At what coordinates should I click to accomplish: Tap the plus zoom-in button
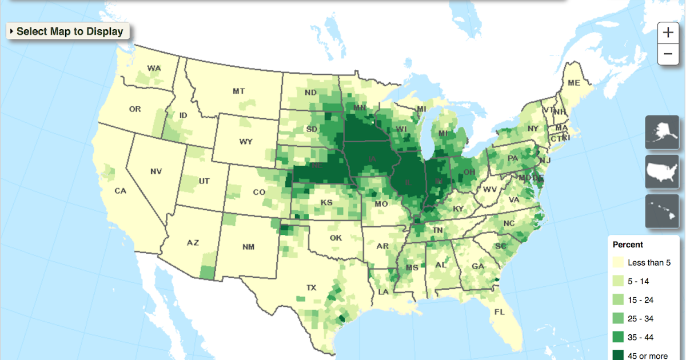point(668,33)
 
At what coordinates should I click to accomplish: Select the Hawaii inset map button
point(662,211)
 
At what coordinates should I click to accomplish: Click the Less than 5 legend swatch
point(618,263)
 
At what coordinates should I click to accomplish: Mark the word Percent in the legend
point(628,245)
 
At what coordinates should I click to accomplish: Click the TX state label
point(312,287)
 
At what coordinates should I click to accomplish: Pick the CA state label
point(120,191)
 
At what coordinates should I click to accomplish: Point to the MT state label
point(239,91)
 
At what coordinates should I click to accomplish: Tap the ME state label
point(573,83)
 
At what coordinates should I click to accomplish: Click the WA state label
point(154,69)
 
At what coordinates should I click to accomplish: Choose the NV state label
point(156,171)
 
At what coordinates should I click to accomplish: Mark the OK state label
point(335,238)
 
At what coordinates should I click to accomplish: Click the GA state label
point(477,267)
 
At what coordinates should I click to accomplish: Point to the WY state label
point(246,142)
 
